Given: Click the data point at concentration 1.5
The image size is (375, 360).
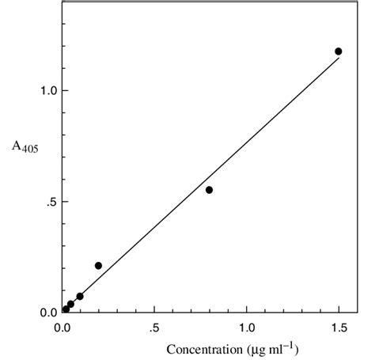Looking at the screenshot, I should [339, 51].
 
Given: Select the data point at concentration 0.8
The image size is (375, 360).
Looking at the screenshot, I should [209, 190].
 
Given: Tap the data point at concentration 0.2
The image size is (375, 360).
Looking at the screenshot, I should [98, 266].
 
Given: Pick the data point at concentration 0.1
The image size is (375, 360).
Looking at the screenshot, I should [80, 296].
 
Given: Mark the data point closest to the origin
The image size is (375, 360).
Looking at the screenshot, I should [66, 309].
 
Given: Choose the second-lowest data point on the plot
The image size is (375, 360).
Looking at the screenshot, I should [70, 304].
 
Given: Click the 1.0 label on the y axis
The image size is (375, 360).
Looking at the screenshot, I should [40, 90].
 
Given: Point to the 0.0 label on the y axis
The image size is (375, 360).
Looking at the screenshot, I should [40, 313].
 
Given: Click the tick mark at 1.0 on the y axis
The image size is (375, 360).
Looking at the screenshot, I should [64, 90].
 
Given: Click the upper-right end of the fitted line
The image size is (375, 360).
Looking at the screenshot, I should [339, 58].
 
